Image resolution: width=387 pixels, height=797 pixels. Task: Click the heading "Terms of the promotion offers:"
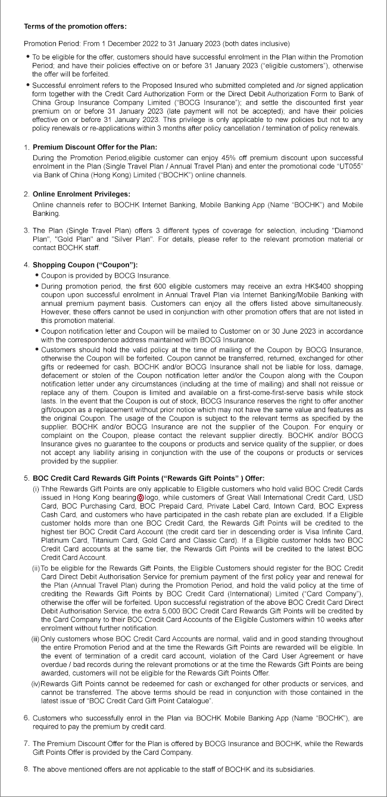[75, 27]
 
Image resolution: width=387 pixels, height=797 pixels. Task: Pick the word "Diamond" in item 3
[348, 230]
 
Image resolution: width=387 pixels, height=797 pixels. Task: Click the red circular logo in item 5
[141, 497]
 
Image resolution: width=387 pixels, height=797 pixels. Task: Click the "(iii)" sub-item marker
[35, 638]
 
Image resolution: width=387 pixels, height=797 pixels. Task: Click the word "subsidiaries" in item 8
[294, 770]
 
